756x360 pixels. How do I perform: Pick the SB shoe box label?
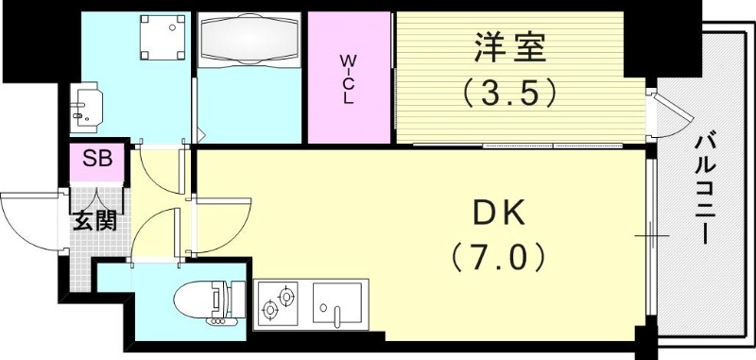tap(96, 159)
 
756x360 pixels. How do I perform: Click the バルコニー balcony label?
tap(703, 188)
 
